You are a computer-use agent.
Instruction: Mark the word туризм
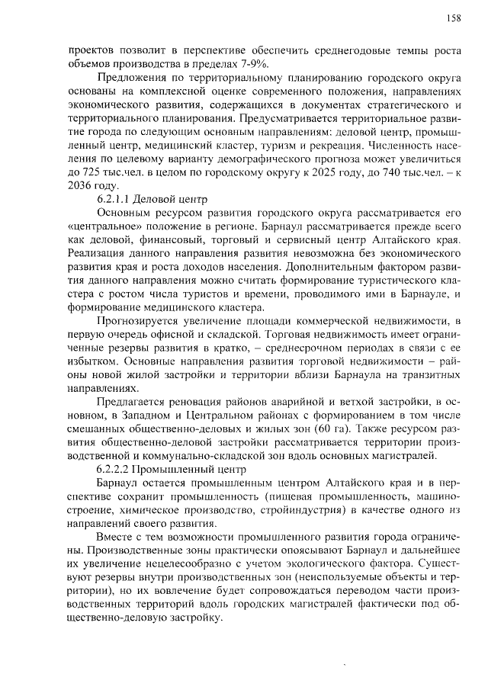(297, 146)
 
